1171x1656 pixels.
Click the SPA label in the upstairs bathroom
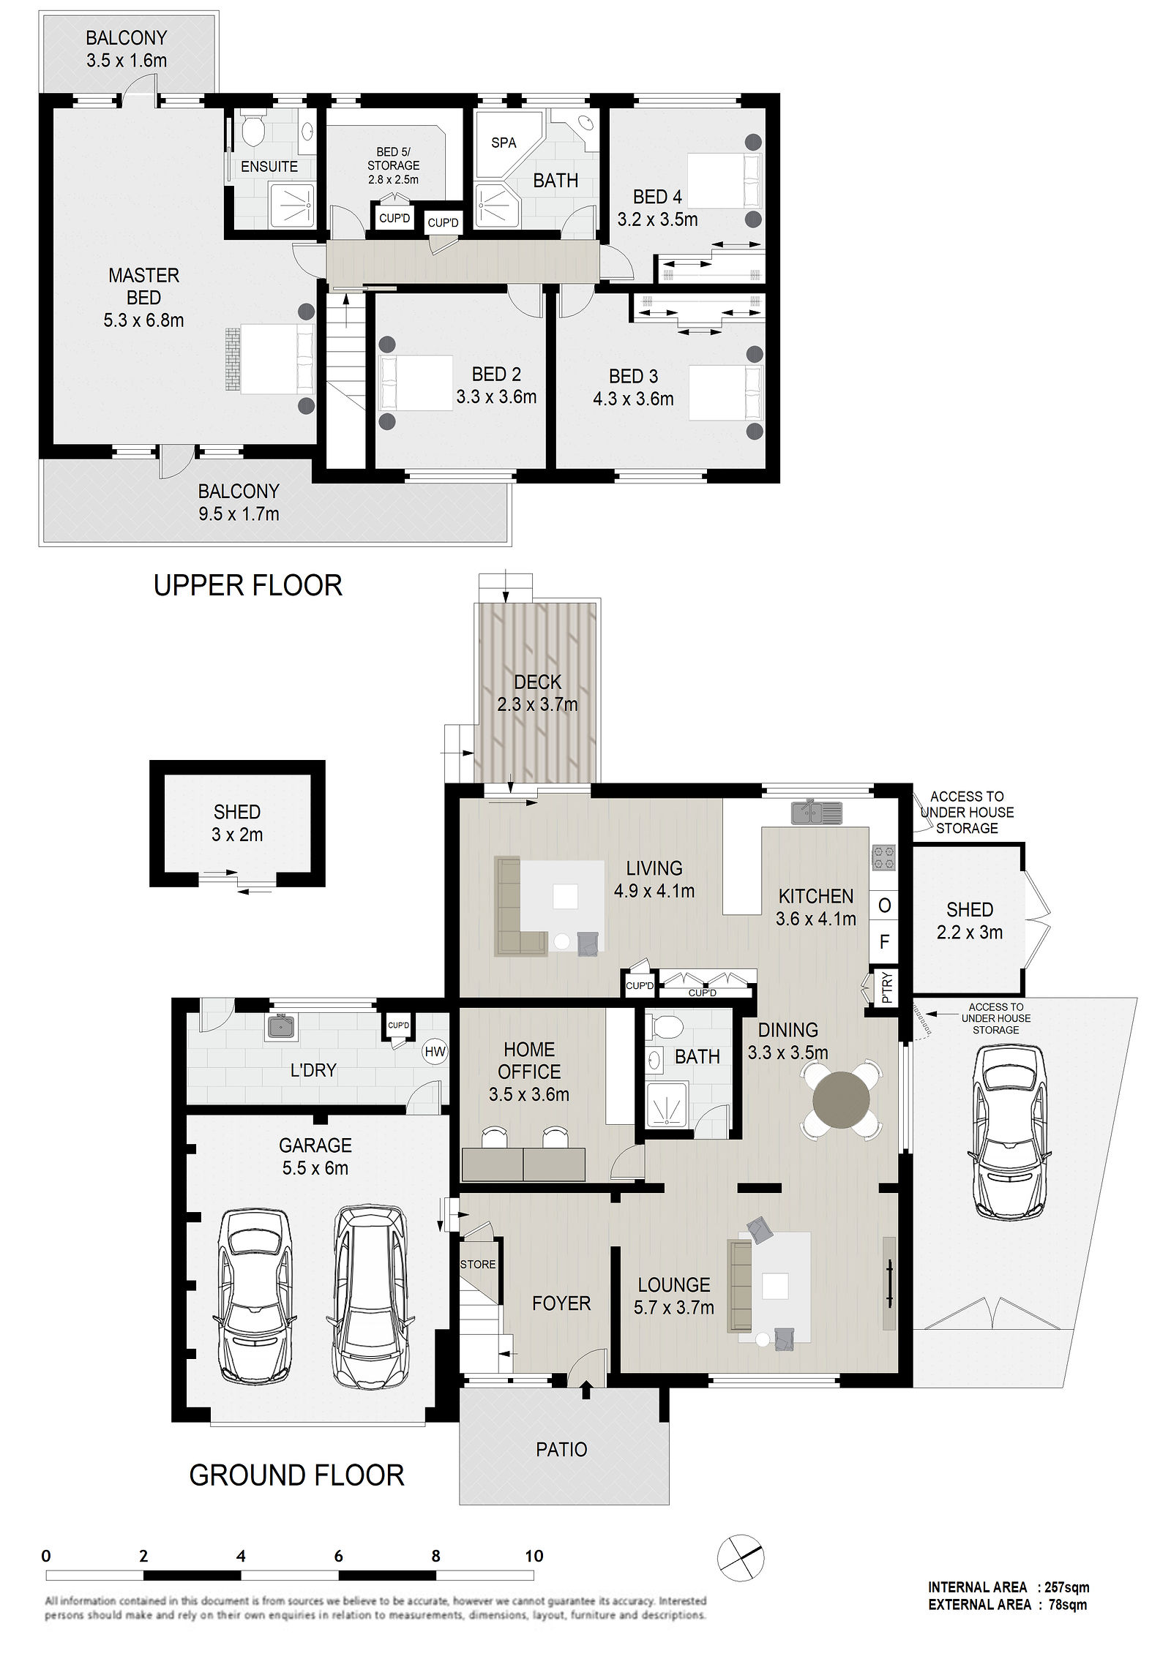(504, 143)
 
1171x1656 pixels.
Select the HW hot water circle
(435, 1052)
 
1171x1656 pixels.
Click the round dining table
(842, 1099)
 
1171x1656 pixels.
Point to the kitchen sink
(817, 812)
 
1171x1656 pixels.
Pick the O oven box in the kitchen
(884, 906)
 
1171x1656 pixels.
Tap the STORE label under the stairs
(478, 1264)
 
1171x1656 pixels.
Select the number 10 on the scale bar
(534, 1556)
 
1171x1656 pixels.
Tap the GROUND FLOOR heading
(296, 1475)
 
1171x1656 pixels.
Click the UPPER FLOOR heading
(247, 585)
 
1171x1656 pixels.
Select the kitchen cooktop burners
(883, 858)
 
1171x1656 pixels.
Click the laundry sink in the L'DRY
(282, 1027)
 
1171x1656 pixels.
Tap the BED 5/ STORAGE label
(393, 165)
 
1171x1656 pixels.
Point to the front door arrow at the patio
(585, 1388)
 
